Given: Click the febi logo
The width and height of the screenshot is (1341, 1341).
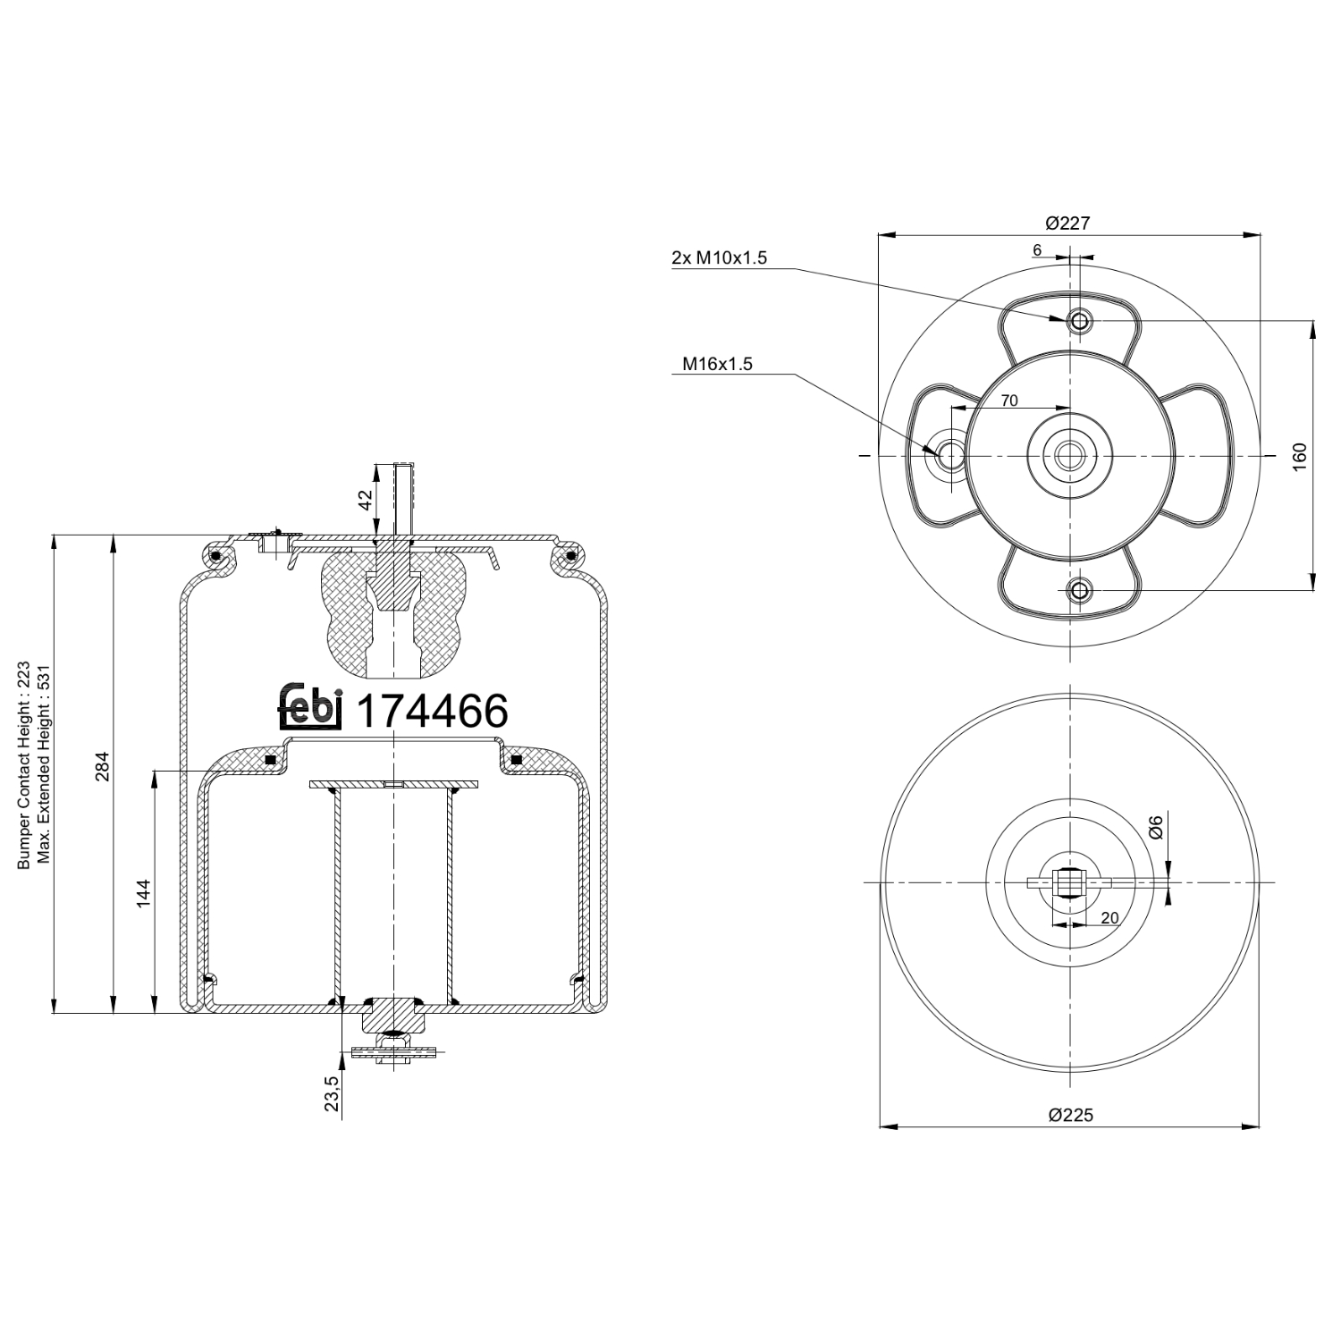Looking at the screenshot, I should [x=309, y=710].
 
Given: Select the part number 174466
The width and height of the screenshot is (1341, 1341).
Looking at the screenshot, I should [x=432, y=712].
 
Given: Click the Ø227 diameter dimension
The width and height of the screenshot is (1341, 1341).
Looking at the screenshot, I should [x=1067, y=223].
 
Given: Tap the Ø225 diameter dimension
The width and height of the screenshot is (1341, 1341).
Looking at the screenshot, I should [x=1070, y=1115].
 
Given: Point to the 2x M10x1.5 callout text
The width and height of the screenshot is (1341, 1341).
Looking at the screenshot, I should [x=719, y=258].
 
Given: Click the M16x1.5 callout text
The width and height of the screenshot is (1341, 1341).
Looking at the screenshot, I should [x=717, y=364].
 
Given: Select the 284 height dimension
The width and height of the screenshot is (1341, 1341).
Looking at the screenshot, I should [x=102, y=766].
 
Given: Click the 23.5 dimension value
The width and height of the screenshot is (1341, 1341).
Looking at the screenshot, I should [x=332, y=1093].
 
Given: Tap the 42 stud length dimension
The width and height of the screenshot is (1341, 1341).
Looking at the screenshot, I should [x=365, y=500].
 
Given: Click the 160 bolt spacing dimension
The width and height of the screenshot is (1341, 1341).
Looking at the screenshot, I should [x=1300, y=455].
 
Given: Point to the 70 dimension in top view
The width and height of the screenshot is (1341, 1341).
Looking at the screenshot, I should [x=1008, y=401].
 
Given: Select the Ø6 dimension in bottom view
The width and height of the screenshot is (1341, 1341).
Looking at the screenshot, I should [x=1155, y=827].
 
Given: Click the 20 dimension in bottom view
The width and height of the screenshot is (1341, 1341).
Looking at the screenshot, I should [x=1109, y=918].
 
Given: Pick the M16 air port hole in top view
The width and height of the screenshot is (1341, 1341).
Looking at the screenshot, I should [x=949, y=456].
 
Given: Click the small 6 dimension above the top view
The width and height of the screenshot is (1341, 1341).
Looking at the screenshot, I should [x=1037, y=250].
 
